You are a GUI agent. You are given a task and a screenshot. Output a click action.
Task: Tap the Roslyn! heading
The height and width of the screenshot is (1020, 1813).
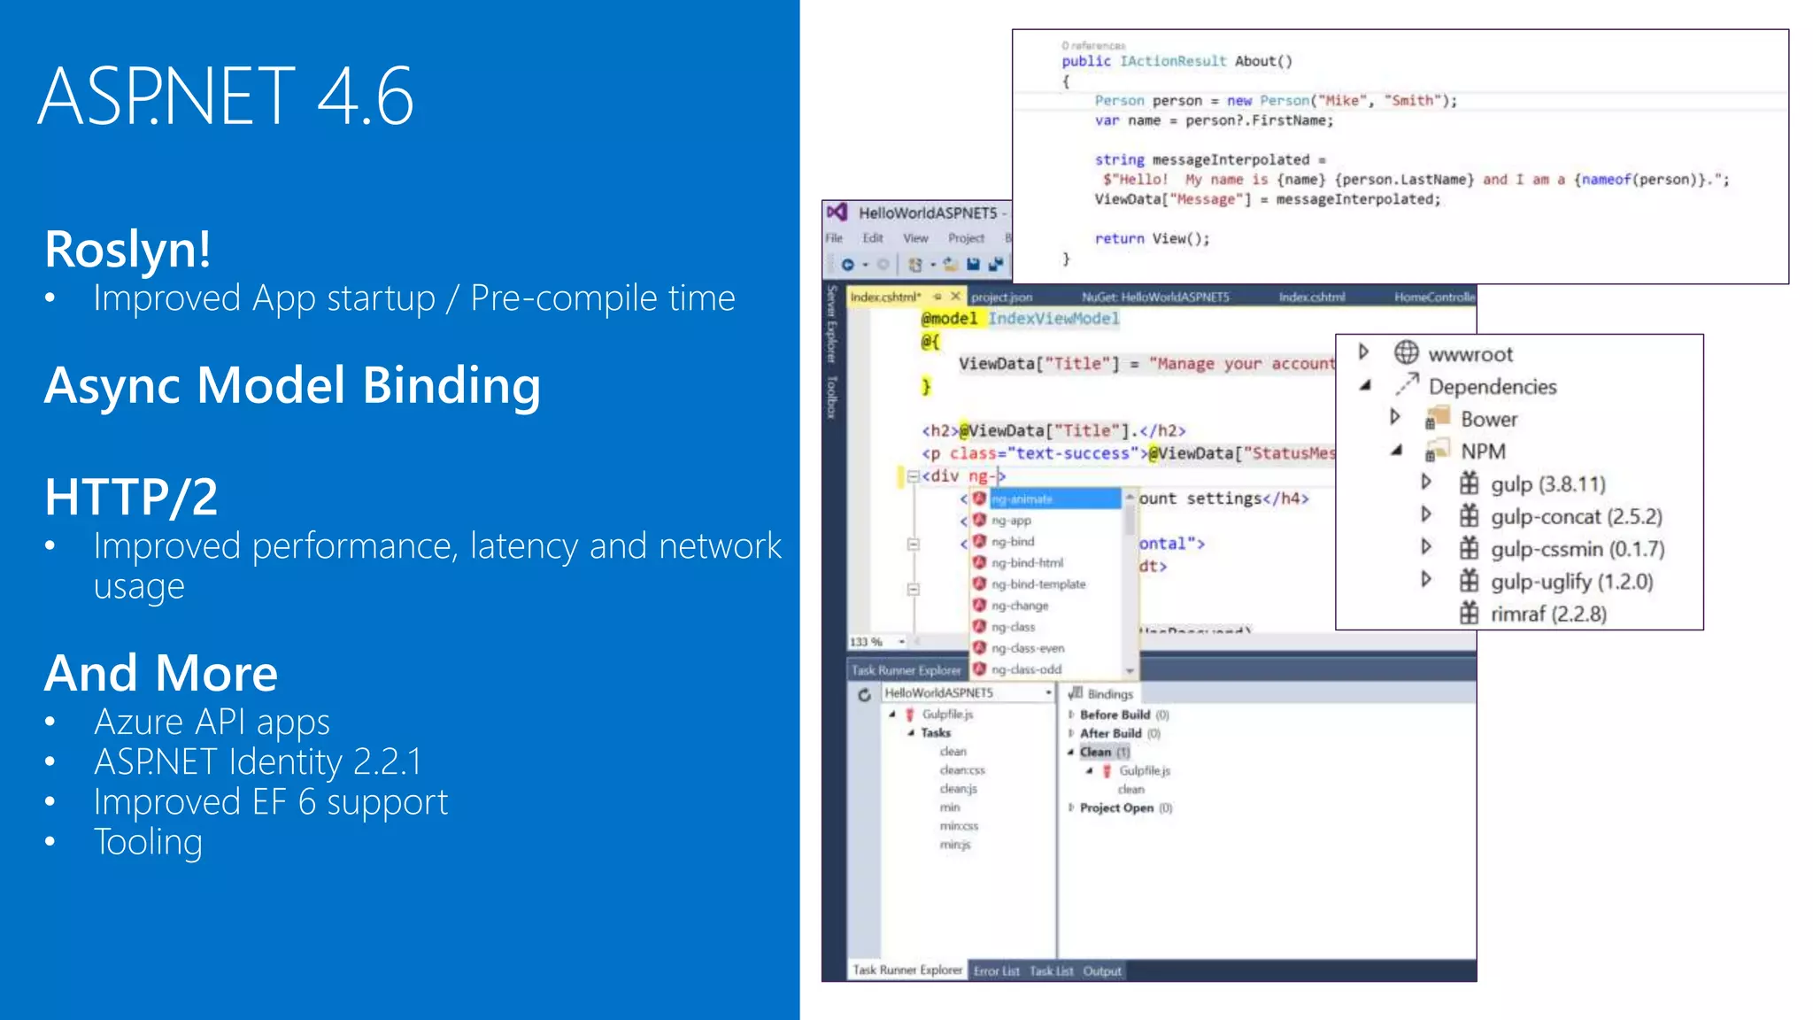coord(128,249)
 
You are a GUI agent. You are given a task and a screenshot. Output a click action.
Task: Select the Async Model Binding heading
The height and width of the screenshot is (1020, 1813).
coord(292,386)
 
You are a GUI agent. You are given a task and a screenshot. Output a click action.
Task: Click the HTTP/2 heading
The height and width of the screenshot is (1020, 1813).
coord(131,497)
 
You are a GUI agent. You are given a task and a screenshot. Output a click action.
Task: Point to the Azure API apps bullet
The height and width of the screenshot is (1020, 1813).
coord(212,722)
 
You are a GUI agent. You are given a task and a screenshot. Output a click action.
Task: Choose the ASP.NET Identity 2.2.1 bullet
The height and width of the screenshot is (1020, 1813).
coord(258,762)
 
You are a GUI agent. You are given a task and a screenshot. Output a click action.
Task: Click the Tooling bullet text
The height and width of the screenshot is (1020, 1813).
coord(148,842)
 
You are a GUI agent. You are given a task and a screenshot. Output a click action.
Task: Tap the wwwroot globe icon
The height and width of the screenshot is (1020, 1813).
coord(1406,353)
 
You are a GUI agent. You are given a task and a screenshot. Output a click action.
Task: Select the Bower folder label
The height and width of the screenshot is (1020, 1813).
coord(1488,420)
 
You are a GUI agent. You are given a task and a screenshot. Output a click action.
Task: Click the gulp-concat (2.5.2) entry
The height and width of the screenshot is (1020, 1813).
coord(1576,517)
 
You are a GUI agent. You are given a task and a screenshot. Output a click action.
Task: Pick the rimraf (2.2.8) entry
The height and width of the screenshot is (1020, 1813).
coord(1548,614)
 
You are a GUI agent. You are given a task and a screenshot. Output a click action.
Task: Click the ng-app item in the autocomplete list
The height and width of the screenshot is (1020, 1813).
coord(1011,521)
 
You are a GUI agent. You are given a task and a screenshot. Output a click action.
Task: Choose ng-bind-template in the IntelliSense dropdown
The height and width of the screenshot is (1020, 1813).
coord(1038,584)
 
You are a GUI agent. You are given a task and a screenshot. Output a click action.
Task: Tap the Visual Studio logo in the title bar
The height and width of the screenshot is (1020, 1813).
coord(837,212)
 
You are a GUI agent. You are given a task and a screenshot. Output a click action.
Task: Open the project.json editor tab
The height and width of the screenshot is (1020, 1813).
coord(1001,297)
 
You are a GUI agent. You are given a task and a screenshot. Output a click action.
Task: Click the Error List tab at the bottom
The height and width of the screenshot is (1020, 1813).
coord(997,971)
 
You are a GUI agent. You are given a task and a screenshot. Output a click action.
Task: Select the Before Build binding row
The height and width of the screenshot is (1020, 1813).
coord(1115,715)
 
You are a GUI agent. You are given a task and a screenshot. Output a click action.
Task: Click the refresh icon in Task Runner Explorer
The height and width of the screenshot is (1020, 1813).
coord(864,695)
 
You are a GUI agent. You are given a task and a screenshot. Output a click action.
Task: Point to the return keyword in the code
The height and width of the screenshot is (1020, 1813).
coord(1119,239)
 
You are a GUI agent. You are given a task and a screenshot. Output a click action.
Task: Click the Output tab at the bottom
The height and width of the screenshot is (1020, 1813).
coord(1102,971)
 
